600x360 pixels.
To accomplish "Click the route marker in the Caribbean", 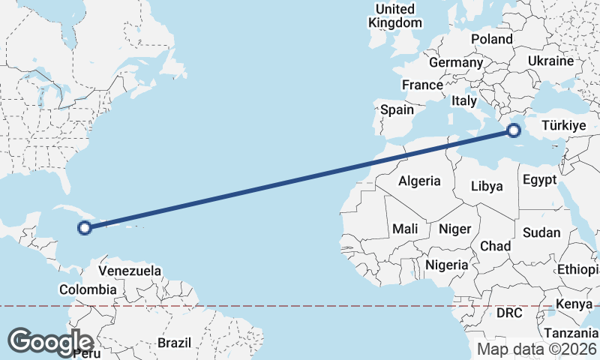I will click(85, 227).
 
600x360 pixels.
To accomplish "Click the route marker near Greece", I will click(514, 130).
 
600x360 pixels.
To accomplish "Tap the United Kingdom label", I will click(395, 16).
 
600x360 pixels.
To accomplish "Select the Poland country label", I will click(491, 39).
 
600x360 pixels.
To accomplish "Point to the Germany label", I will click(455, 62).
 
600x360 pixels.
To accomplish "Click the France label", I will click(422, 85).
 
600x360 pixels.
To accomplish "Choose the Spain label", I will click(397, 109).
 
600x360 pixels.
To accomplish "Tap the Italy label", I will click(464, 100).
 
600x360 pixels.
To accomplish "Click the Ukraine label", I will click(550, 61).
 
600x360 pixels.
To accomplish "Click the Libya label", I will click(487, 186).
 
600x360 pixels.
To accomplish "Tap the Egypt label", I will click(539, 180).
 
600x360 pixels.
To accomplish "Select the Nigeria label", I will click(447, 265).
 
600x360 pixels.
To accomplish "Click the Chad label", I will click(495, 246).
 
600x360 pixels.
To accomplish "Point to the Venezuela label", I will click(130, 270).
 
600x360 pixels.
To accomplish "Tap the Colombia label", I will click(88, 289).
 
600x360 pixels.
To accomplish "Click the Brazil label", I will click(174, 343).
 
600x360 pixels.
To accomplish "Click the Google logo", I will click(50, 342).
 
